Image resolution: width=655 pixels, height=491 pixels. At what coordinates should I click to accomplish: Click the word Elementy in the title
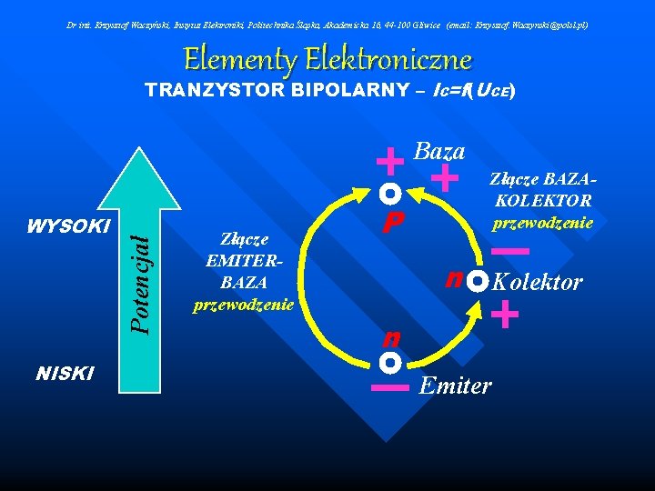pos(240,60)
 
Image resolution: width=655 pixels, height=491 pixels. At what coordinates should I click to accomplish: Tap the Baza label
pos(439,151)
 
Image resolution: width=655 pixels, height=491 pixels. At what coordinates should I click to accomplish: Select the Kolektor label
pos(537,283)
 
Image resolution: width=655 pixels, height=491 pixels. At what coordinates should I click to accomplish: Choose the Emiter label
pos(455,386)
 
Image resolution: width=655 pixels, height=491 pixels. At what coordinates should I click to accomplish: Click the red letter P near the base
pos(392,223)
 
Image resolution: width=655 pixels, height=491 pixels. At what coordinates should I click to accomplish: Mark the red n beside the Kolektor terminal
pos(453,277)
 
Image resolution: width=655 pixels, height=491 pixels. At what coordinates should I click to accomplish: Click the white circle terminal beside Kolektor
pos(479,281)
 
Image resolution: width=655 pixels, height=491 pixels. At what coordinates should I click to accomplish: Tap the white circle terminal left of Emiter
pos(390,363)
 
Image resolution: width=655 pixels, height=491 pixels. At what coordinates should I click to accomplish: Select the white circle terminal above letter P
pos(390,194)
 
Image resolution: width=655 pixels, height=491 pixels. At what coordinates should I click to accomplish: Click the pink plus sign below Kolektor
pos(504,316)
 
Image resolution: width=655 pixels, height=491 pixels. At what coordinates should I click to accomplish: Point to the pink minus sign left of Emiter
pos(390,387)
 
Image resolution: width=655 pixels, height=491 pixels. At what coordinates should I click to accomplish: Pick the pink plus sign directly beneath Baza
pos(445,177)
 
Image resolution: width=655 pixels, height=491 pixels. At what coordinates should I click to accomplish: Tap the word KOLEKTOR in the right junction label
pos(544,201)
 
